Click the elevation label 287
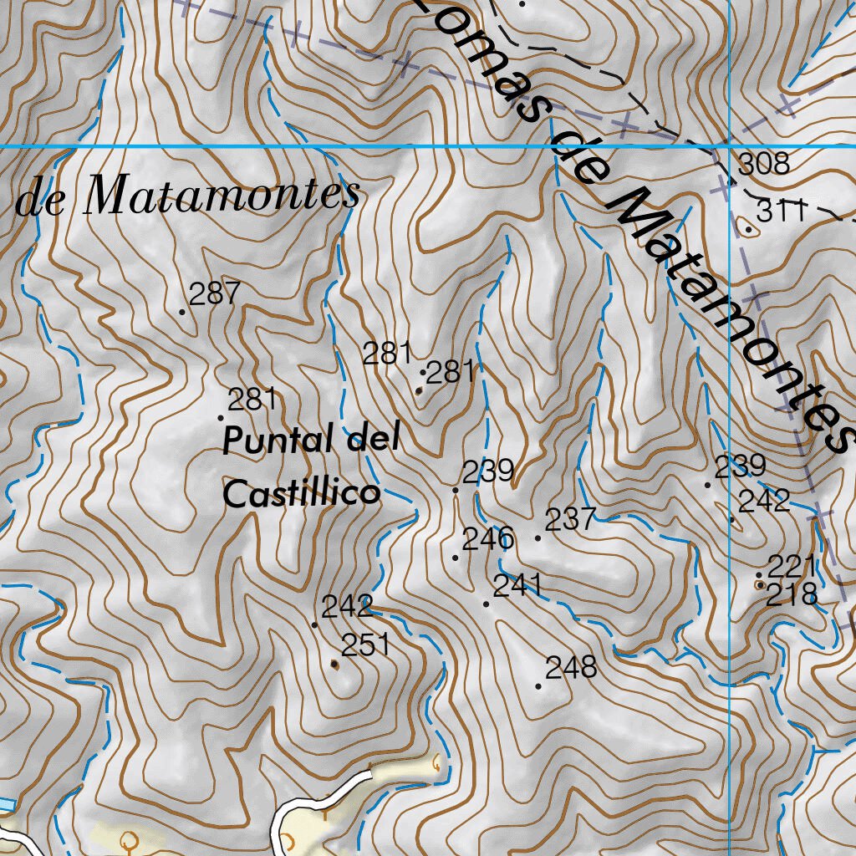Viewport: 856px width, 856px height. coord(215,294)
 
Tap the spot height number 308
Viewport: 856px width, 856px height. coord(764,164)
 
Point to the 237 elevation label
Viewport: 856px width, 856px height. coord(570,520)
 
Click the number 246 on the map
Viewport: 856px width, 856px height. coord(487,539)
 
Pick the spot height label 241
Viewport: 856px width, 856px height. coord(517,586)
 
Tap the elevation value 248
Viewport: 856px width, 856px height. coord(572,667)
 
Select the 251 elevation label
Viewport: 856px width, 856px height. coord(366,645)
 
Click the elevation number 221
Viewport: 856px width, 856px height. coord(791,567)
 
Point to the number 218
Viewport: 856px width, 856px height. coord(791,594)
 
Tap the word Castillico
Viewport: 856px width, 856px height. coord(301,493)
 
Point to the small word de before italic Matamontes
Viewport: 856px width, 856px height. coord(40,203)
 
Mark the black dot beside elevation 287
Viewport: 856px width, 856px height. coord(182,312)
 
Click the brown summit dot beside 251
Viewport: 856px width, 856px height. coord(335,664)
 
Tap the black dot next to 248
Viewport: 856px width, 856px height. coord(538,686)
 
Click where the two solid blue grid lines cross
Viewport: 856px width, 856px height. coord(731,147)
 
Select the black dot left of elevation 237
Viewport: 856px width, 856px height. coord(538,538)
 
